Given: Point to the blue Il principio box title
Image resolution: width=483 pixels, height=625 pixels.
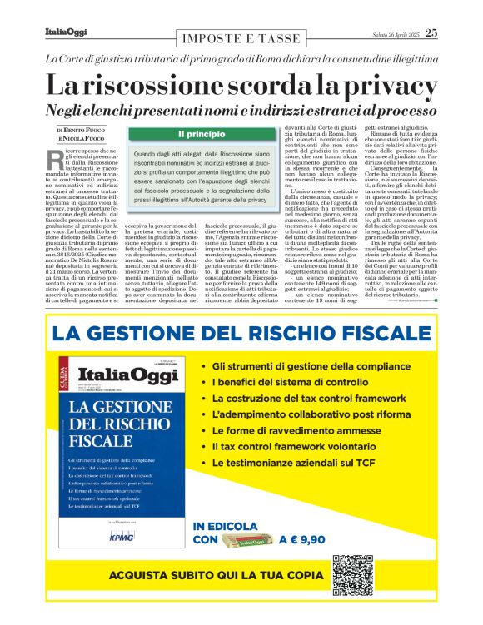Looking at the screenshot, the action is click(197, 134).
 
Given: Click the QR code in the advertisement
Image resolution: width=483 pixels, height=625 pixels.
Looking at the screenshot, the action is click(355, 575).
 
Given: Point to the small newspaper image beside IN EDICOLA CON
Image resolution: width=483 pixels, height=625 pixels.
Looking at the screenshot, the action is click(247, 539).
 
